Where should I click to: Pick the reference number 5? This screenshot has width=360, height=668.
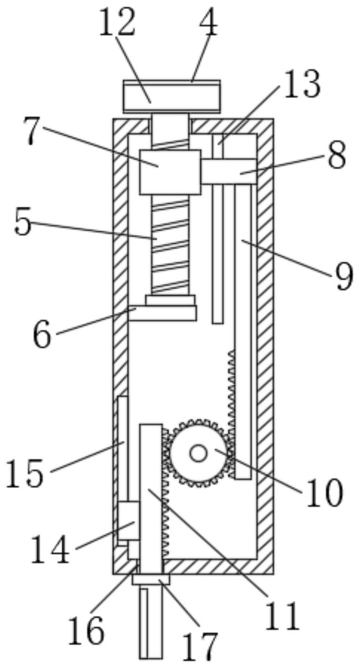coord(23,222)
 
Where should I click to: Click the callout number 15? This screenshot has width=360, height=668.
coord(25,473)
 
